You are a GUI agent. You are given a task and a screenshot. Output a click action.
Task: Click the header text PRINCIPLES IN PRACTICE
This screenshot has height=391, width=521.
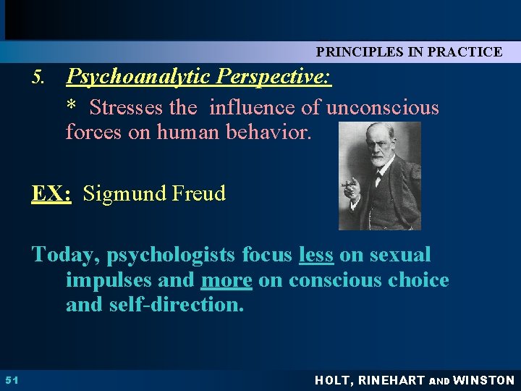pos(409,51)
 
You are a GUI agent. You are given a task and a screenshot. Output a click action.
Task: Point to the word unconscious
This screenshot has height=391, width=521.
pos(383,108)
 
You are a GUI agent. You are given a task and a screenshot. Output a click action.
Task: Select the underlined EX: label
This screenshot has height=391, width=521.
pos(51,193)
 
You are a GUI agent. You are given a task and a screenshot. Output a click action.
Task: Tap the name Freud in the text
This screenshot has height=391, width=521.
pos(200,193)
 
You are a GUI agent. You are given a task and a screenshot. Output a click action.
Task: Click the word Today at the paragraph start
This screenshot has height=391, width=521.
pos(66,255)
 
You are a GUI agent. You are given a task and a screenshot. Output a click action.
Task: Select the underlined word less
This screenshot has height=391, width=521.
pos(315,255)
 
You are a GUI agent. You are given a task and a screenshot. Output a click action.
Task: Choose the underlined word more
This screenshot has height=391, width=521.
pos(226,280)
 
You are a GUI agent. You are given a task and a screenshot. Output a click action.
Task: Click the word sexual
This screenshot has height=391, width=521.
pos(402,255)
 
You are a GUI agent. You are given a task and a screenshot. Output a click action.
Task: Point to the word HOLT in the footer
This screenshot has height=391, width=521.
pos(335,380)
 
